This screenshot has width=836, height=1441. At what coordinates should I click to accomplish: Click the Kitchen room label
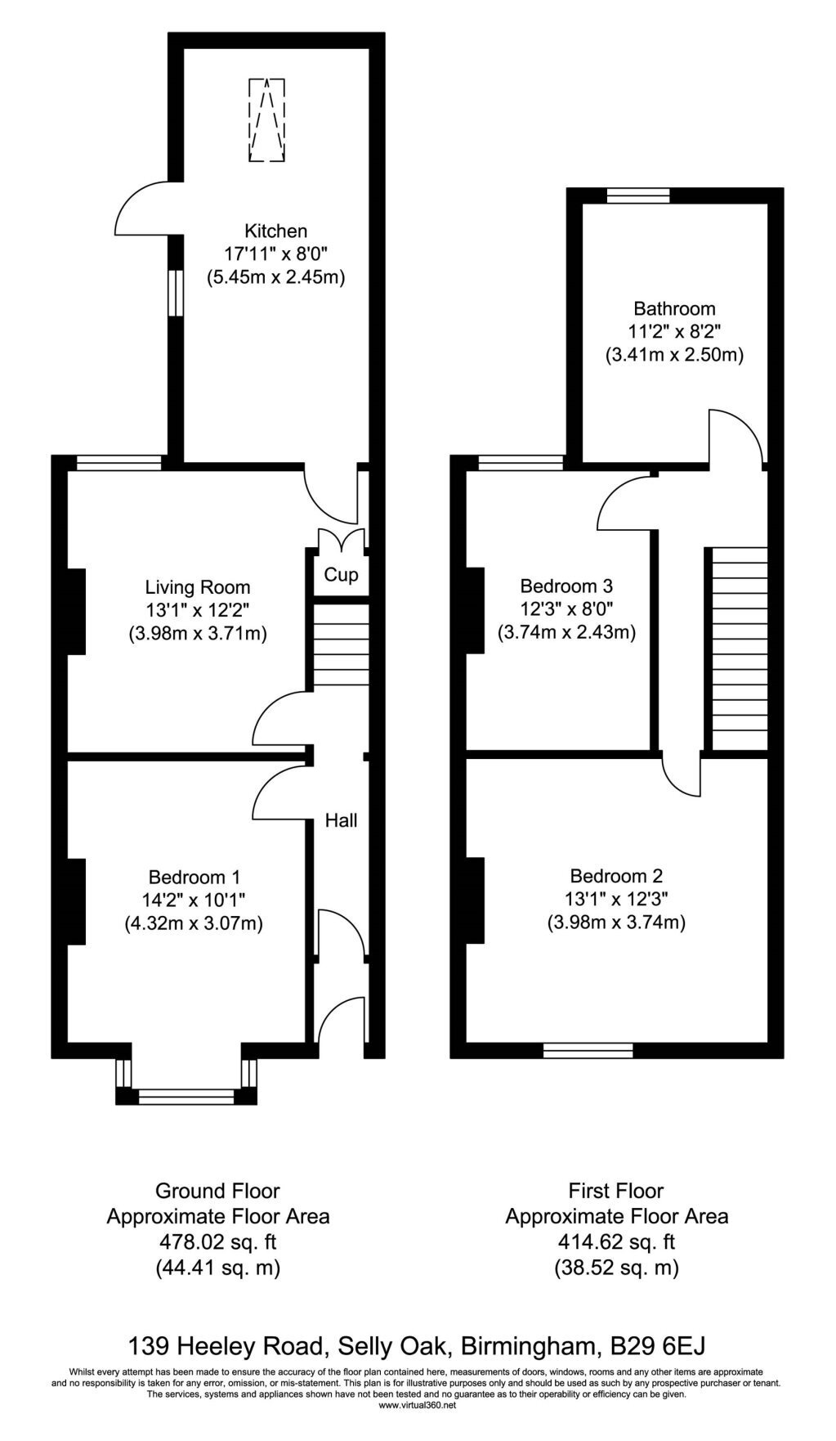[x=276, y=231]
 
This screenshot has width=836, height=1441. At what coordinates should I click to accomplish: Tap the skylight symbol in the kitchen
[x=266, y=119]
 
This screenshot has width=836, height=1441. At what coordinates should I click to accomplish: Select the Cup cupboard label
[x=341, y=575]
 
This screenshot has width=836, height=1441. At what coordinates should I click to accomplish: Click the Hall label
[x=342, y=819]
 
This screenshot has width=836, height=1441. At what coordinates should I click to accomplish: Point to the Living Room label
[x=198, y=587]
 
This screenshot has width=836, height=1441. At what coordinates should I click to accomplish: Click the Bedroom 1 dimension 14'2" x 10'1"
[x=194, y=900]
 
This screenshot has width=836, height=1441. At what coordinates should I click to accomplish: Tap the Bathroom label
[x=675, y=308]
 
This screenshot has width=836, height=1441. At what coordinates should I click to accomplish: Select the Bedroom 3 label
[x=567, y=586]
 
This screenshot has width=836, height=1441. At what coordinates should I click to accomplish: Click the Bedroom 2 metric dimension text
[x=616, y=923]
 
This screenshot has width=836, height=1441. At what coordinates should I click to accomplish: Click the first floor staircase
[x=740, y=649]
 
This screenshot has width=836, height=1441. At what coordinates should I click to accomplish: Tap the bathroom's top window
[x=638, y=195]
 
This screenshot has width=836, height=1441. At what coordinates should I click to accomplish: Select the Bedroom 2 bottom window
[x=588, y=1050]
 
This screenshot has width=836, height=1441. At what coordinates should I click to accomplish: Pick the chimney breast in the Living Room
[x=76, y=611]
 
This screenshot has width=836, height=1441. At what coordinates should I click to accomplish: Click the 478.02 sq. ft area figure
[x=217, y=1242]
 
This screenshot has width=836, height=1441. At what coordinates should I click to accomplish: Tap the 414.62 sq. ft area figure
[x=616, y=1242]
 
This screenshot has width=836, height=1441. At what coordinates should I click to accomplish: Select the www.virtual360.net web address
[x=418, y=1405]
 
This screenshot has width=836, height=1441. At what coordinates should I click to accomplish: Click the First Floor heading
[x=616, y=1191]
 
